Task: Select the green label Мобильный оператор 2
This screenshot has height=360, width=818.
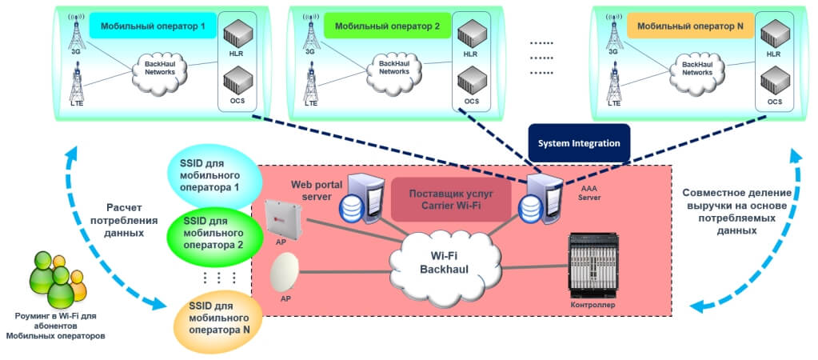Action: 387,26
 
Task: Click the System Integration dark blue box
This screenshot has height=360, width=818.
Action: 580,144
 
